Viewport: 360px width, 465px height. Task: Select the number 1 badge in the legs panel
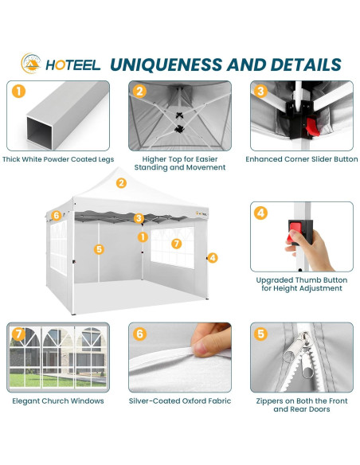point(18,92)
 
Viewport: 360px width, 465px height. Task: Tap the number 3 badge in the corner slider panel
point(260,92)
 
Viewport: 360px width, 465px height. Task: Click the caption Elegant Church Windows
point(58,401)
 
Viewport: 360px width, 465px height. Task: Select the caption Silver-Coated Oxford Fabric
point(180,401)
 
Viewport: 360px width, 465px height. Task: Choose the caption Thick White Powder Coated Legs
point(59,158)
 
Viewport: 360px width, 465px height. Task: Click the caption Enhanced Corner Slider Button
point(301,158)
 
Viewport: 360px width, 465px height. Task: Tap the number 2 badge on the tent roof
point(121,182)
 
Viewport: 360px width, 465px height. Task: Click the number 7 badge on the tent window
point(177,242)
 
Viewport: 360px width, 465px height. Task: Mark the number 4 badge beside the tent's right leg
point(213,257)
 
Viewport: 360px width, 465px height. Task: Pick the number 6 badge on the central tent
point(56,216)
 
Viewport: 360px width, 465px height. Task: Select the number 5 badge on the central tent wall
point(99,249)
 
